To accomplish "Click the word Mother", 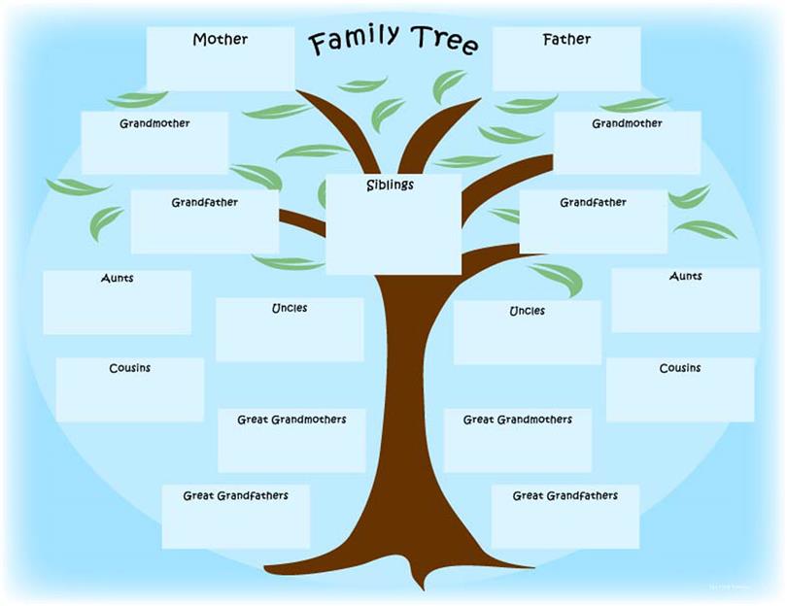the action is point(220,39).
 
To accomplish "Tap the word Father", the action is point(566,39).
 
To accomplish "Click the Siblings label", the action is point(390,185).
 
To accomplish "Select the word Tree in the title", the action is point(444,39).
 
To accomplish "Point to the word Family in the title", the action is point(354,39).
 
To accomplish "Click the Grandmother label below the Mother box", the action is point(154,123).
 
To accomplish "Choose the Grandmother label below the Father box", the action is point(627,123).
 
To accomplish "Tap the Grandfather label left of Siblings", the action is point(204,202).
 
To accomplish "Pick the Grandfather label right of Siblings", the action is point(593,202).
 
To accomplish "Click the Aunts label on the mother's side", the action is point(117,278).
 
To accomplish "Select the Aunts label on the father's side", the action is point(686,276).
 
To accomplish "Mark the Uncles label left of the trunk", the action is point(290,308).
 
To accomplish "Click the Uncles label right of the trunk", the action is point(527,311).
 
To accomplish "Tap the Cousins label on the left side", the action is point(129,368).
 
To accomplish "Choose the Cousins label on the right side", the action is point(679,368).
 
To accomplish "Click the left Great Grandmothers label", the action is point(291,420).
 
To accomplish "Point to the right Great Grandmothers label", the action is point(518,420).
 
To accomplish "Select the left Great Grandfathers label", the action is point(235,495).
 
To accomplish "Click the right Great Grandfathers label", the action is point(565,495).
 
